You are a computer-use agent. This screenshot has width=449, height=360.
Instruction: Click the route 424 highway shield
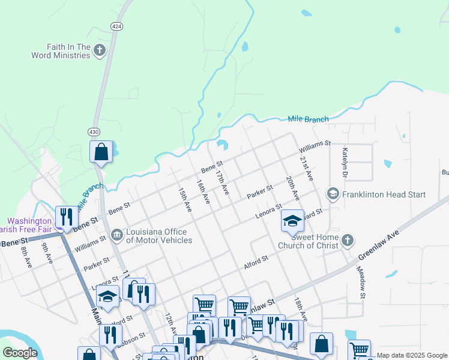(x=116, y=26)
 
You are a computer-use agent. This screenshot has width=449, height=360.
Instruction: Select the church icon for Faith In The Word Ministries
(x=100, y=50)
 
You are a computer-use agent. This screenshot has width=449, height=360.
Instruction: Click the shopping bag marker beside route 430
(x=101, y=152)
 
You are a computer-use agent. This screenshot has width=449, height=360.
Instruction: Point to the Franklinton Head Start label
(x=383, y=194)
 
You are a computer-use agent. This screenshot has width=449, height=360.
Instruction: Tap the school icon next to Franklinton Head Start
(x=332, y=194)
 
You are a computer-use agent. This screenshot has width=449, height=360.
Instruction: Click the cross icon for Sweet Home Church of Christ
(x=346, y=241)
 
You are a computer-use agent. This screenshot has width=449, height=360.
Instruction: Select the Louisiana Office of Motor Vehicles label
(x=160, y=236)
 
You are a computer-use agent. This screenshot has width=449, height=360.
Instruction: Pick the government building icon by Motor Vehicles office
(x=117, y=235)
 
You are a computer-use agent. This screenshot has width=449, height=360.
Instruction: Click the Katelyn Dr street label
(x=345, y=163)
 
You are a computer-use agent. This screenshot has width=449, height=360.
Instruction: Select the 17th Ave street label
(x=222, y=182)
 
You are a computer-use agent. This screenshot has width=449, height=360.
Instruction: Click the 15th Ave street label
(x=185, y=199)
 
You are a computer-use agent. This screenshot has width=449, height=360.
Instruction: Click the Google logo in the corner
(x=20, y=353)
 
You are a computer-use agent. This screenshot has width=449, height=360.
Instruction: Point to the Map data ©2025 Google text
(x=412, y=355)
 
